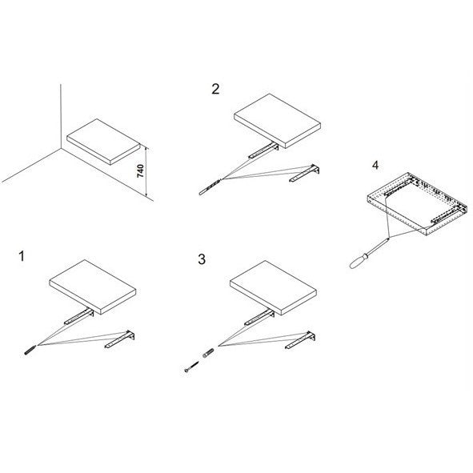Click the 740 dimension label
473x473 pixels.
click(140, 171)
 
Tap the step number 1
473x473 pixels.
click(22, 256)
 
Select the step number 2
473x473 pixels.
click(215, 89)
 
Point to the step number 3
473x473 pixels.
click(202, 259)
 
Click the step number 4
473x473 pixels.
click(375, 166)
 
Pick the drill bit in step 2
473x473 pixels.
click(210, 187)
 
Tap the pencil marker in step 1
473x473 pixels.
click(30, 350)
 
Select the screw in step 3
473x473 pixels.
click(191, 367)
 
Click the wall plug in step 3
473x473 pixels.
click(208, 353)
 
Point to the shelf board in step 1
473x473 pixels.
click(93, 287)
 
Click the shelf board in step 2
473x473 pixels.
click(277, 121)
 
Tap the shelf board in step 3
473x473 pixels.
click(273, 288)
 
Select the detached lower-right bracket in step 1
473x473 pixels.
click(120, 339)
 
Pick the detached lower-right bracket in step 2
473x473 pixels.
click(304, 173)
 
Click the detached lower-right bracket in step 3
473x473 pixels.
click(300, 340)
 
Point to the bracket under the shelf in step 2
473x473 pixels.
click(263, 150)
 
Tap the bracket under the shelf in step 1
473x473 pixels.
click(79, 316)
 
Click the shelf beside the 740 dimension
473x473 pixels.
click(103, 142)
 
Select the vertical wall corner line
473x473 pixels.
click(61, 116)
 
